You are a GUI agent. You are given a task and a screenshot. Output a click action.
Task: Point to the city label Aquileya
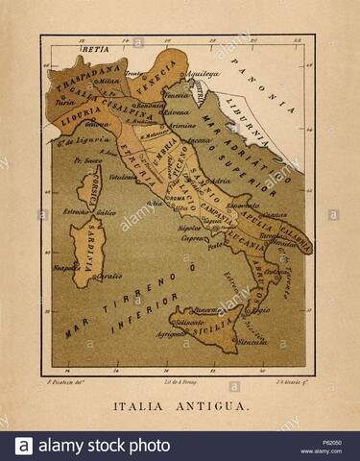(x=204, y=73)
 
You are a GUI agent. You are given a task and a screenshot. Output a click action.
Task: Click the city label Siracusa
(x=252, y=340)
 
